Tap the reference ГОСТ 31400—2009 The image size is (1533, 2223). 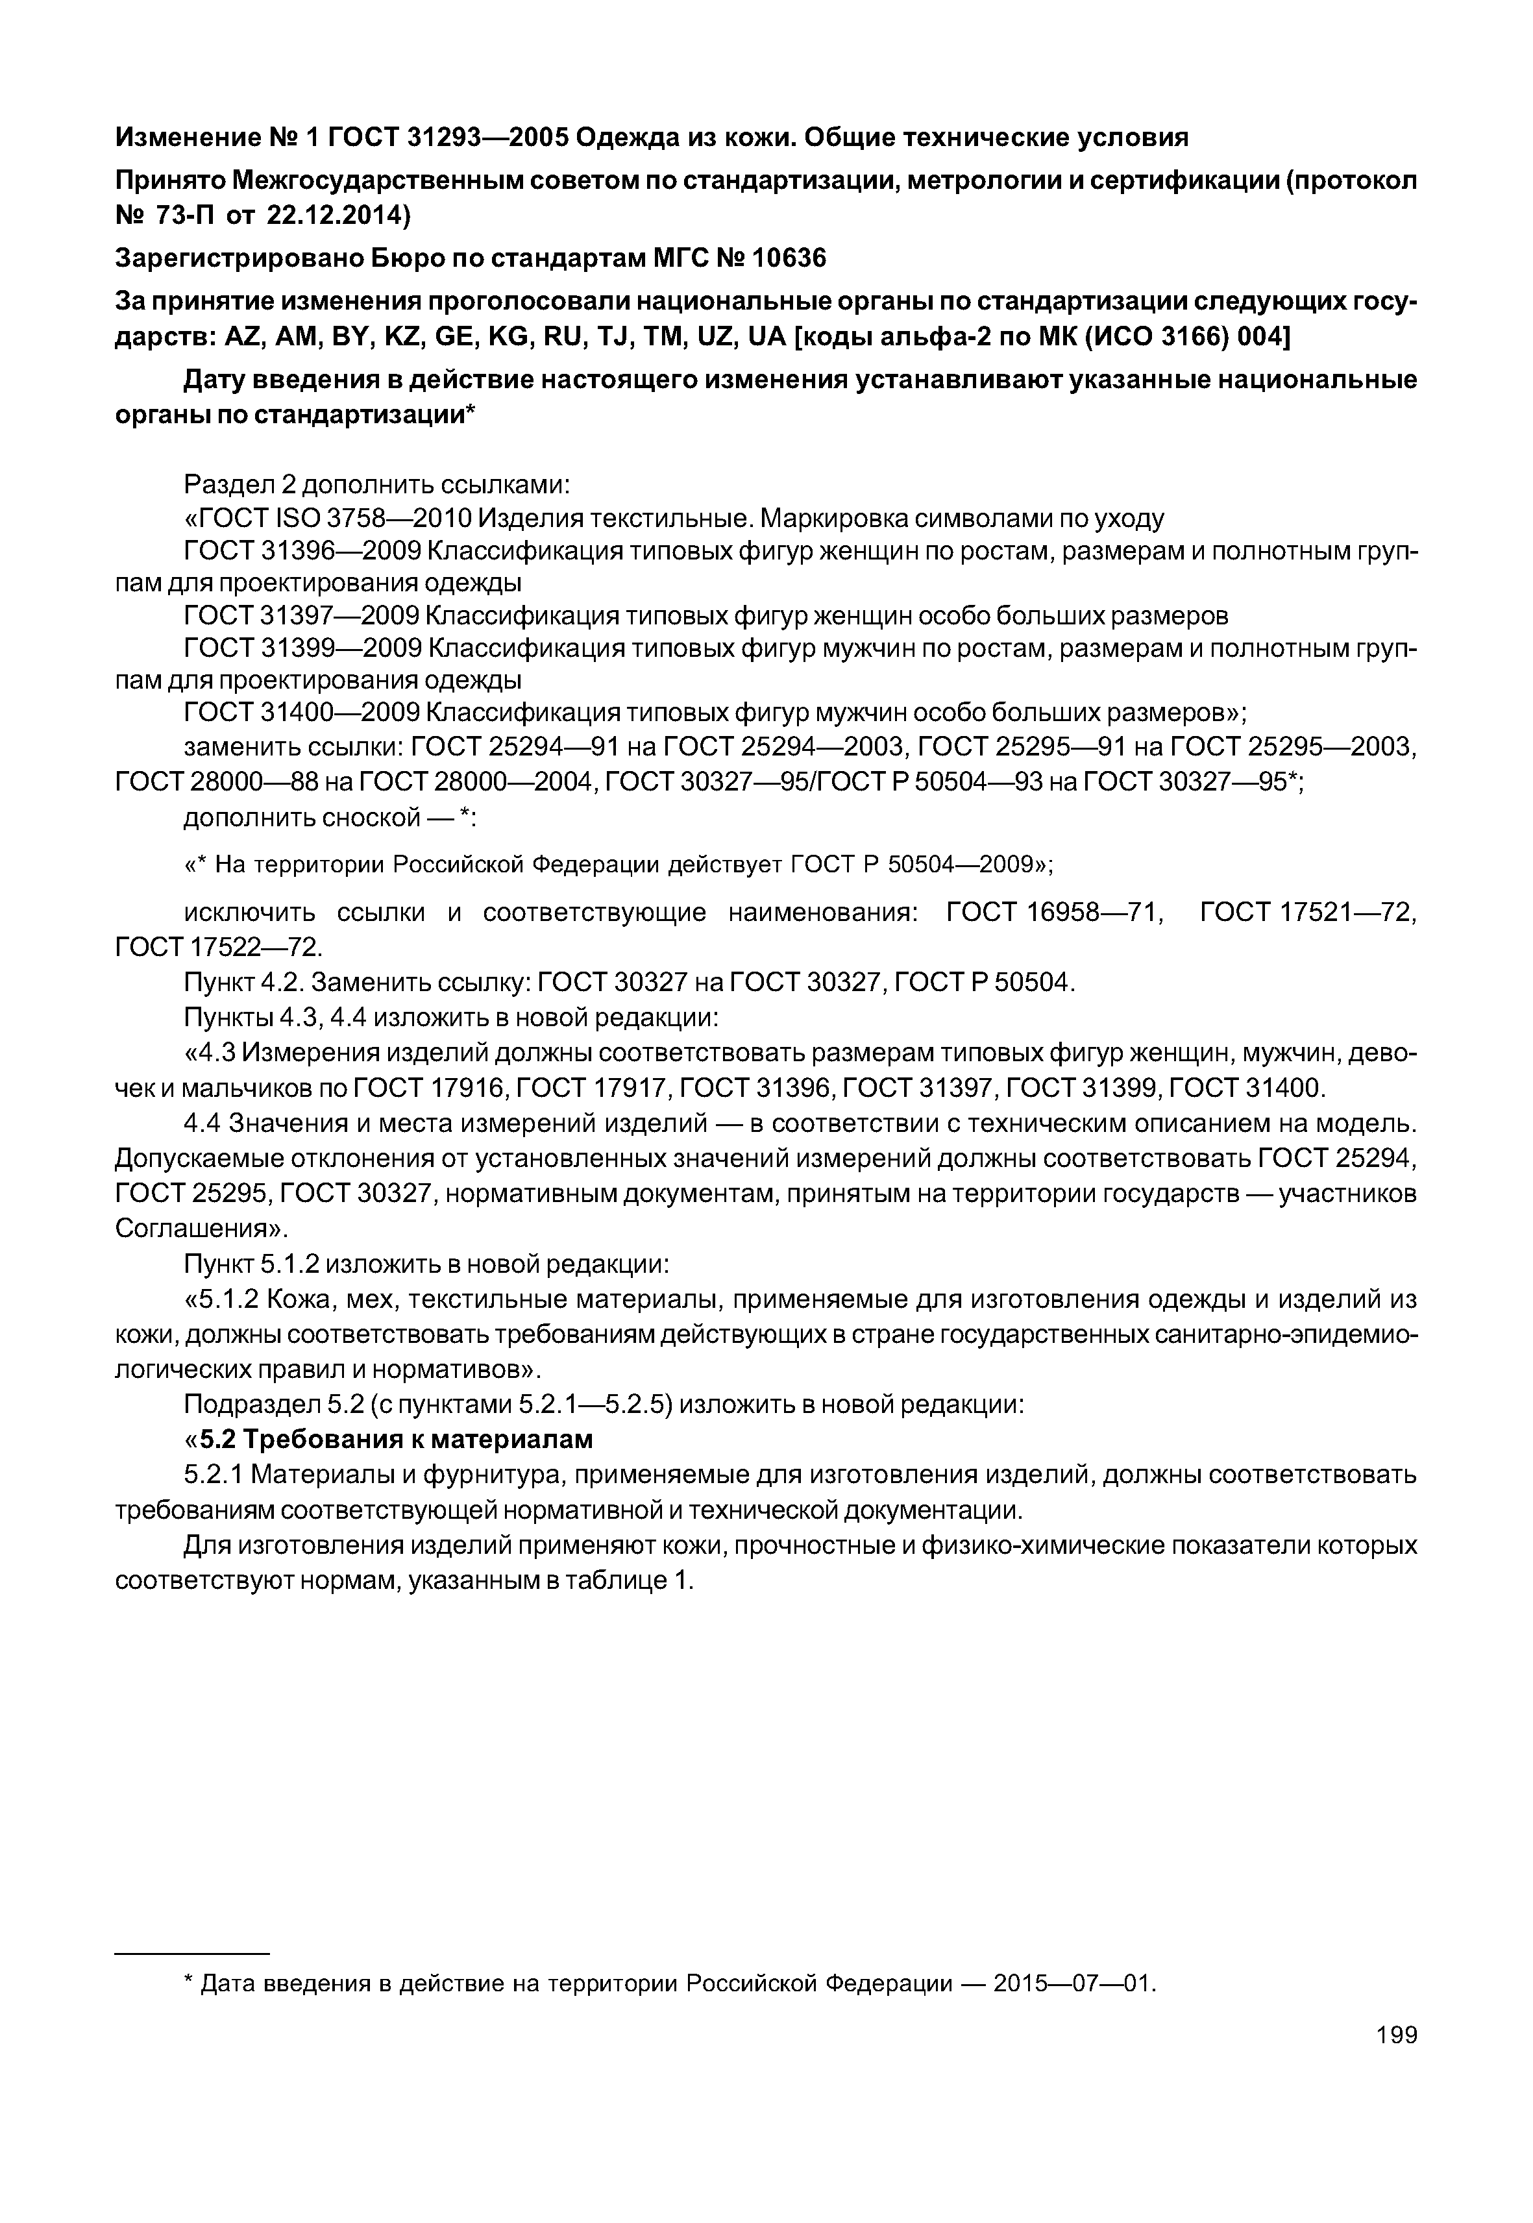(302, 712)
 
